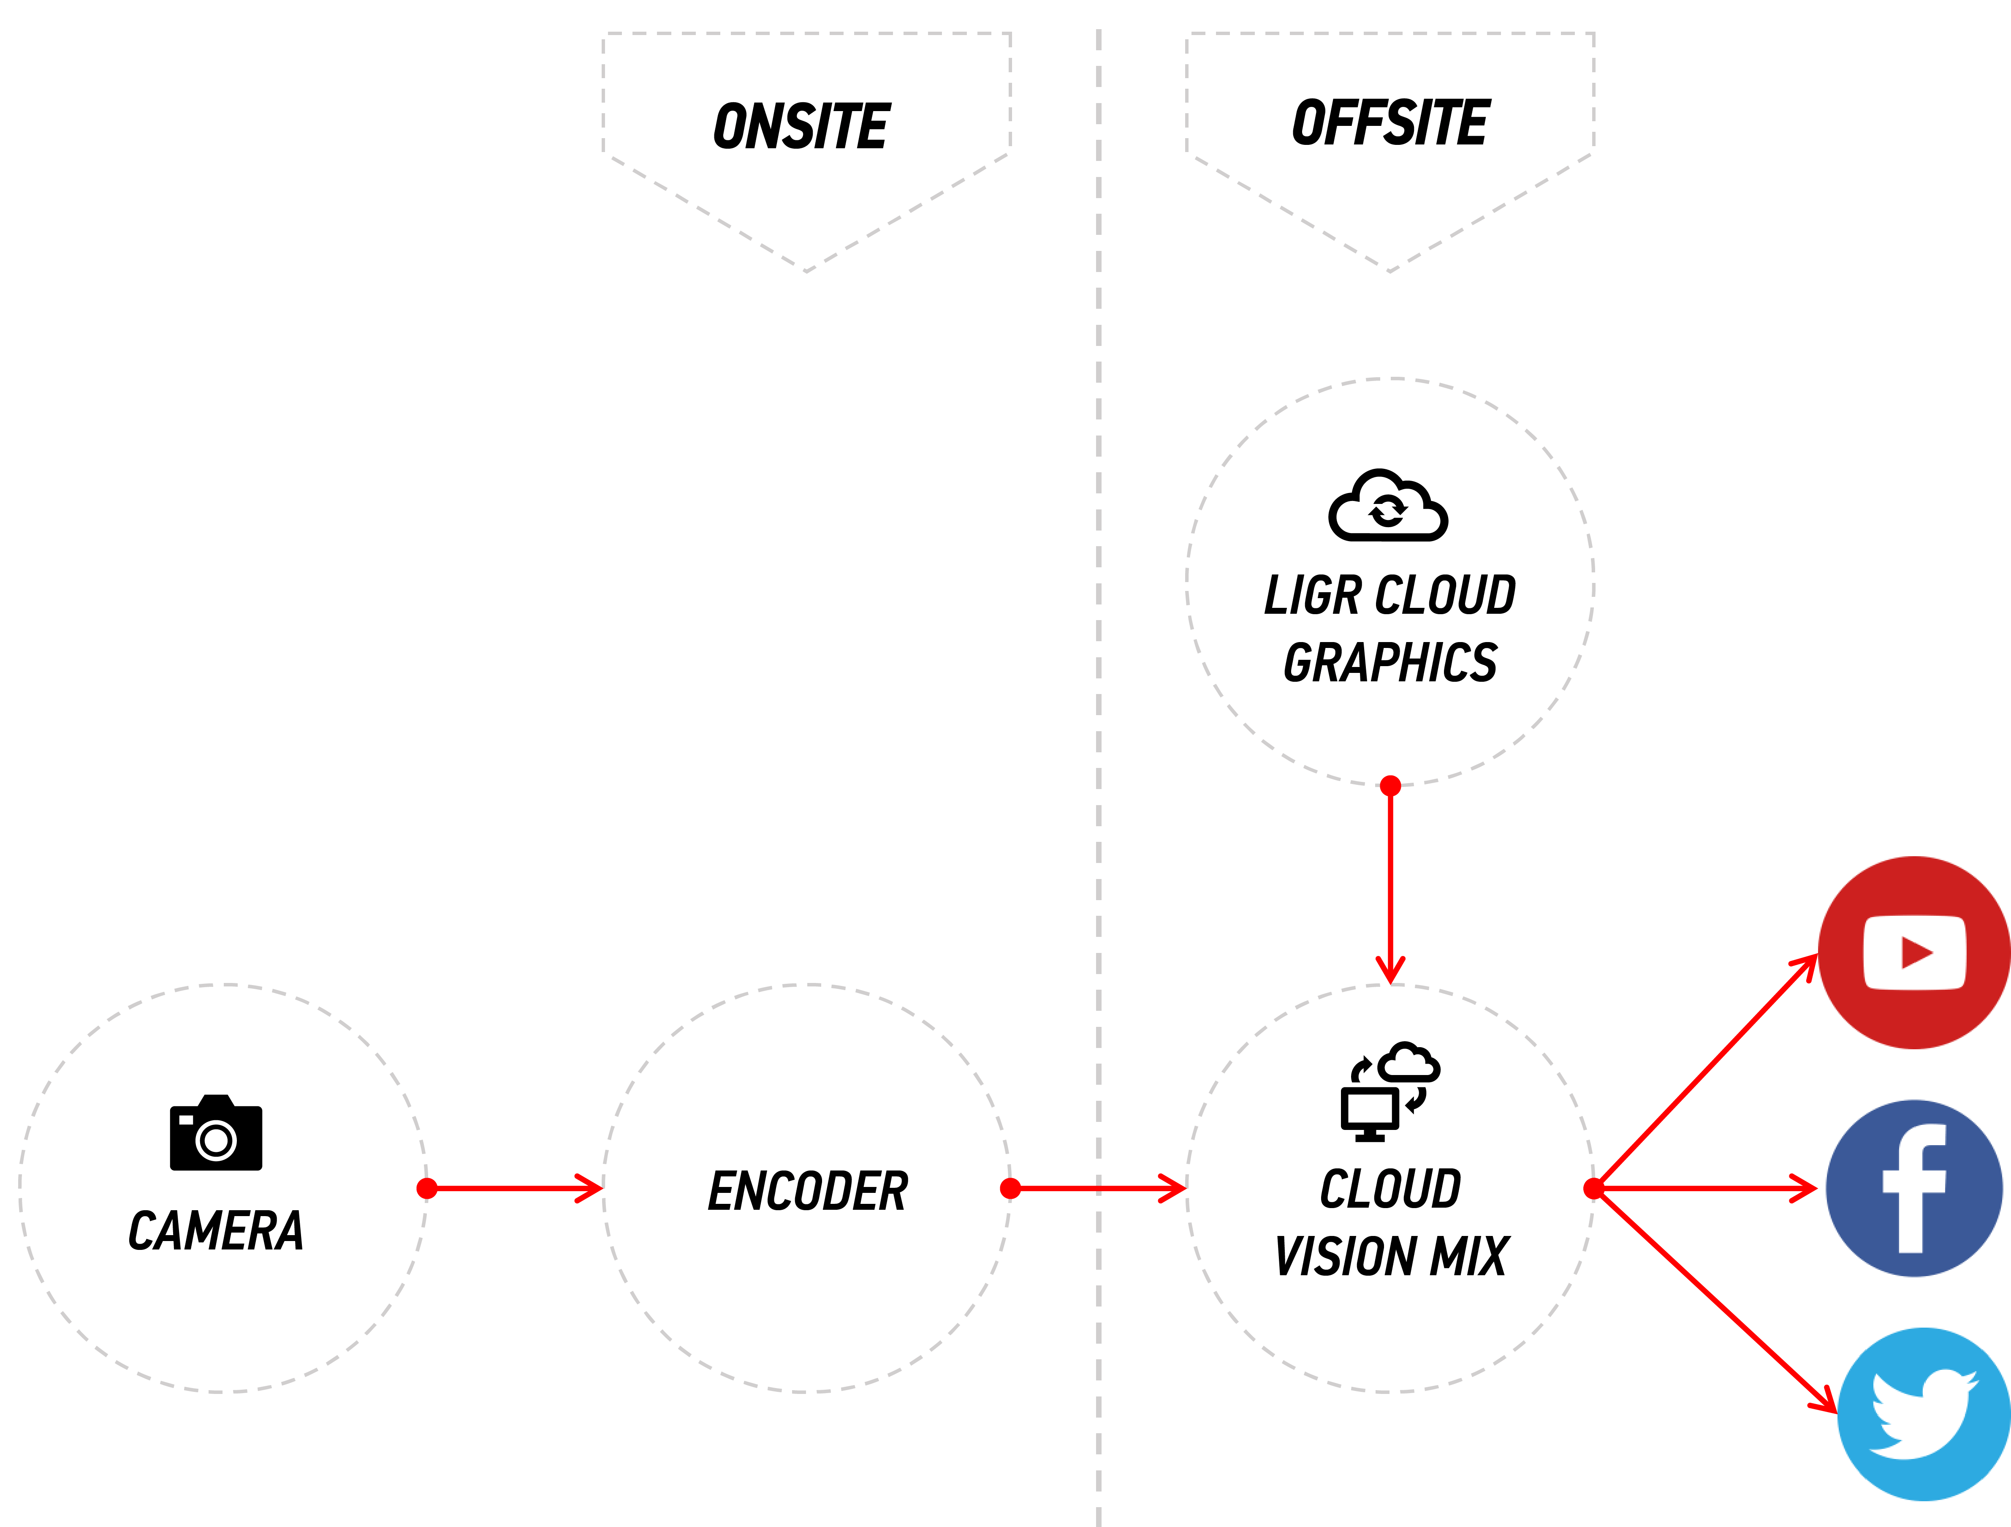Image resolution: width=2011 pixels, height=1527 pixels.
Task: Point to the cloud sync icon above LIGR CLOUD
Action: click(x=1387, y=506)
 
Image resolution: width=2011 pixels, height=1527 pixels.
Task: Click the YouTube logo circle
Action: click(x=1914, y=952)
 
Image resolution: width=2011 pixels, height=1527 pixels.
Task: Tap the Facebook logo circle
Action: click(x=1914, y=1188)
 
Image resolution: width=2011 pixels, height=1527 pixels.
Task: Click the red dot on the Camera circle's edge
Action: click(x=426, y=1188)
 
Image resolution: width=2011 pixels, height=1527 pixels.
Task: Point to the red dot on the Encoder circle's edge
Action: click(x=1010, y=1188)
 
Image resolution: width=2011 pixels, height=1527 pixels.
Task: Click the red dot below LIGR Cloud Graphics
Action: click(x=1390, y=786)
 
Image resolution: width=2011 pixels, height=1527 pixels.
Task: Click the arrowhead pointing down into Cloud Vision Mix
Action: click(x=1390, y=971)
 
